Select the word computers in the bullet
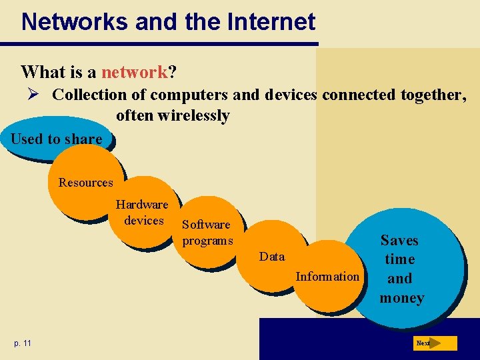[191, 95]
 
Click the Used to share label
[57, 139]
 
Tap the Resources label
[86, 182]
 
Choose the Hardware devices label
[143, 212]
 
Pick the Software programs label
[207, 233]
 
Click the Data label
[272, 257]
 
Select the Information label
[327, 276]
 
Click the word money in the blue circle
[402, 297]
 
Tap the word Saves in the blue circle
[399, 240]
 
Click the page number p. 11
[22, 343]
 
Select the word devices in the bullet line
[291, 95]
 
